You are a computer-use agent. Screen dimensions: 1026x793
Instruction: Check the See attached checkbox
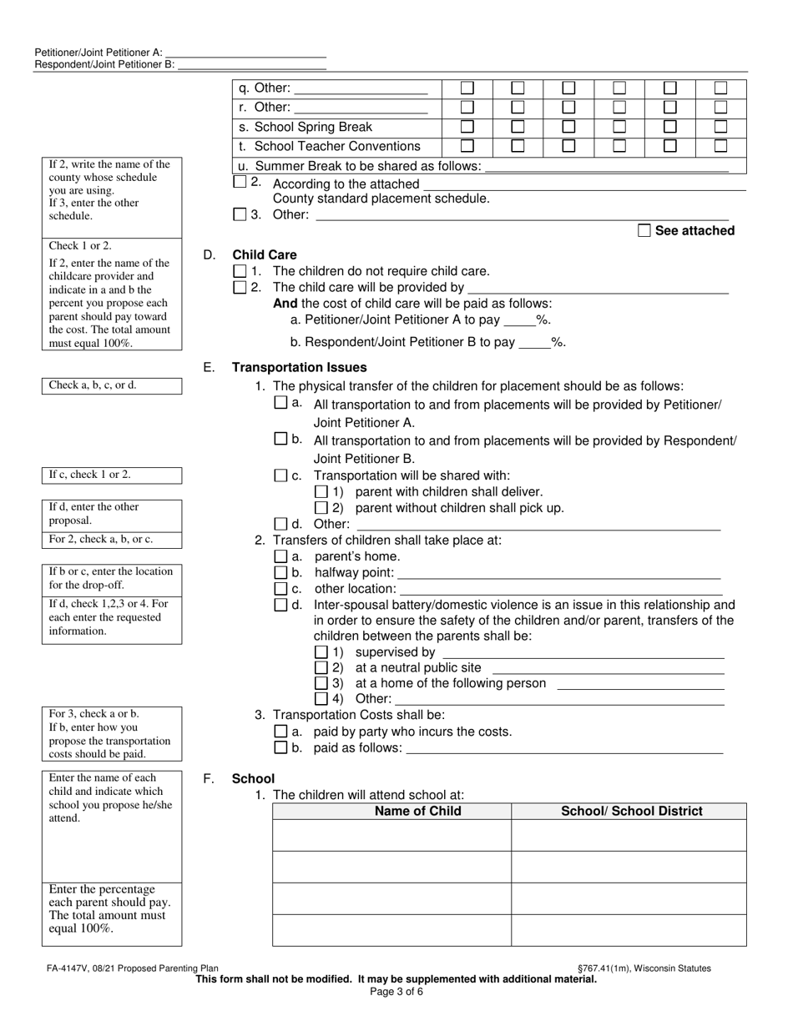(x=644, y=231)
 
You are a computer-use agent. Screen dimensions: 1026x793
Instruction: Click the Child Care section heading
(x=264, y=255)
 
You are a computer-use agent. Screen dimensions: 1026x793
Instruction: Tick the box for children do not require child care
(x=240, y=271)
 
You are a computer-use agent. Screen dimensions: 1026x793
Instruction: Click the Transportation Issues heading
(x=299, y=367)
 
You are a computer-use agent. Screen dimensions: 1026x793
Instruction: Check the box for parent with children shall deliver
(x=321, y=492)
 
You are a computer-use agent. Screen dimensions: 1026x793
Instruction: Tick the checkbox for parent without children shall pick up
(x=321, y=508)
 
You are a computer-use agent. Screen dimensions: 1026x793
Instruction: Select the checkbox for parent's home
(x=280, y=556)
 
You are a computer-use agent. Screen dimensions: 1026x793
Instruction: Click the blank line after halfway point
(x=559, y=574)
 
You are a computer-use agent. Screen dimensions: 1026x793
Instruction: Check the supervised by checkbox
(x=321, y=652)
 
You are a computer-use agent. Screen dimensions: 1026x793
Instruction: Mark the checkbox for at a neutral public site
(x=321, y=668)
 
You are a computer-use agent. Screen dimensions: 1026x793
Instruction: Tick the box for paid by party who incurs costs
(x=280, y=732)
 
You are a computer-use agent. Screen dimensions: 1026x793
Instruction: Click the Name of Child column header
(x=417, y=811)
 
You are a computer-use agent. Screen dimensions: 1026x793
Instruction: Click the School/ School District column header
(x=631, y=811)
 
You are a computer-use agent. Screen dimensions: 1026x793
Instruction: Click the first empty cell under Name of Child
(x=391, y=835)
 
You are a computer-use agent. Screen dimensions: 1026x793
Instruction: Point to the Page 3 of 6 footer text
(x=396, y=992)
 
